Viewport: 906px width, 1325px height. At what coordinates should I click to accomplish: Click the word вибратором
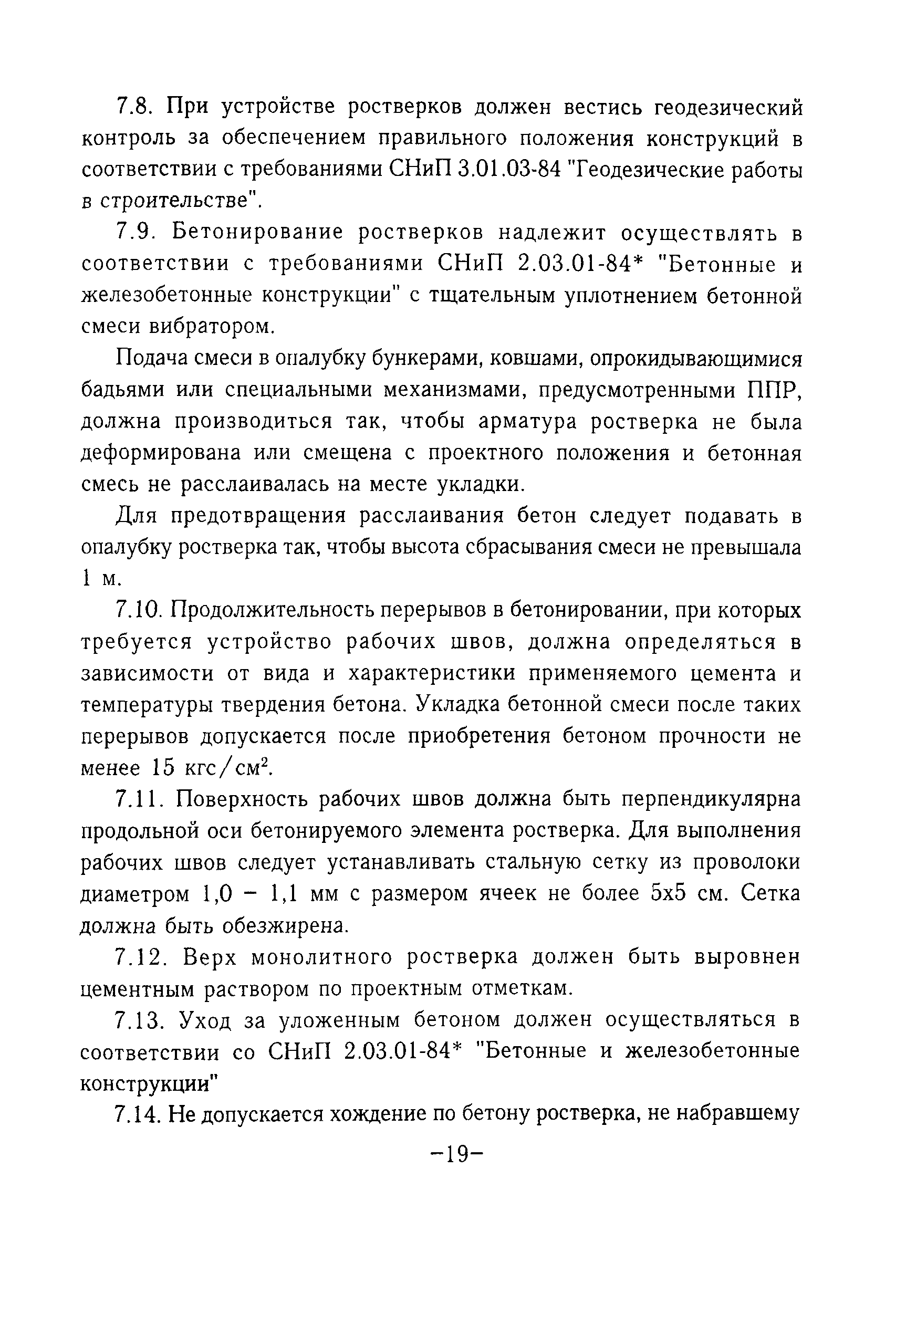tap(212, 327)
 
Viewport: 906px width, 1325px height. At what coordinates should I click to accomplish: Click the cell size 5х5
tap(667, 894)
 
